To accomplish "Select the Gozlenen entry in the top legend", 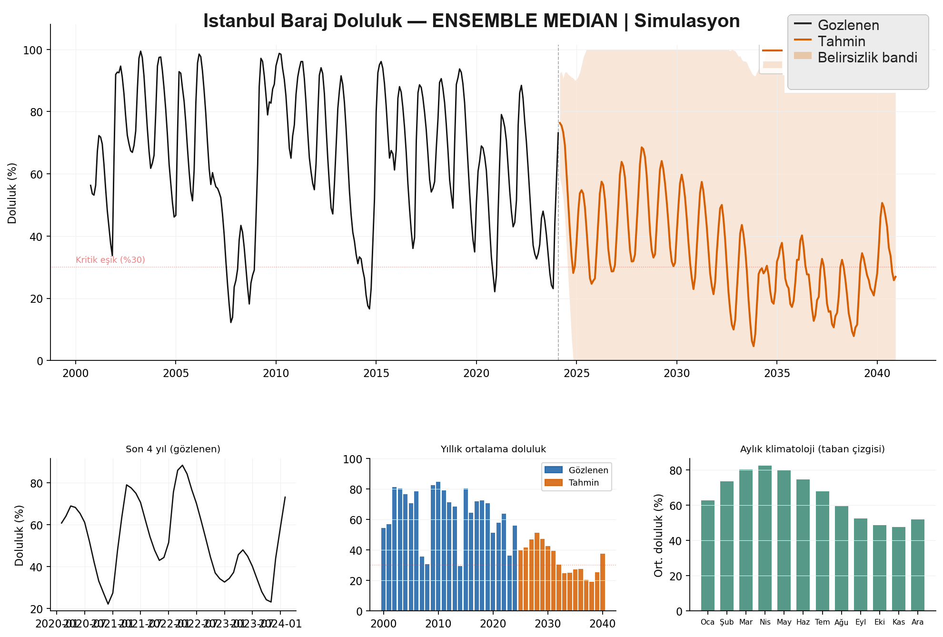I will click(848, 25).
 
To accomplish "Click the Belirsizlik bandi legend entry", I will click(867, 58).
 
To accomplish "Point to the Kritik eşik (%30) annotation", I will click(110, 260).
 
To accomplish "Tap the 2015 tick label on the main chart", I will click(376, 374).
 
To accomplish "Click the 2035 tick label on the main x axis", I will click(777, 374).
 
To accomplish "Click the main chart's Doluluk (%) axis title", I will click(12, 193).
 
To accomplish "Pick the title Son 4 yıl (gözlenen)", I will click(173, 449).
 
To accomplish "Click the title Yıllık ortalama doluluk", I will click(493, 449).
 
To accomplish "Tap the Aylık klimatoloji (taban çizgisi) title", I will click(812, 449).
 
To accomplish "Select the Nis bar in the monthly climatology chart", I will click(765, 538).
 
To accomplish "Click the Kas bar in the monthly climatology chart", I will click(899, 569).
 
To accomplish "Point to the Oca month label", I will click(707, 622).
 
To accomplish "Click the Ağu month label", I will click(841, 622).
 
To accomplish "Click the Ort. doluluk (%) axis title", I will click(659, 535).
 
